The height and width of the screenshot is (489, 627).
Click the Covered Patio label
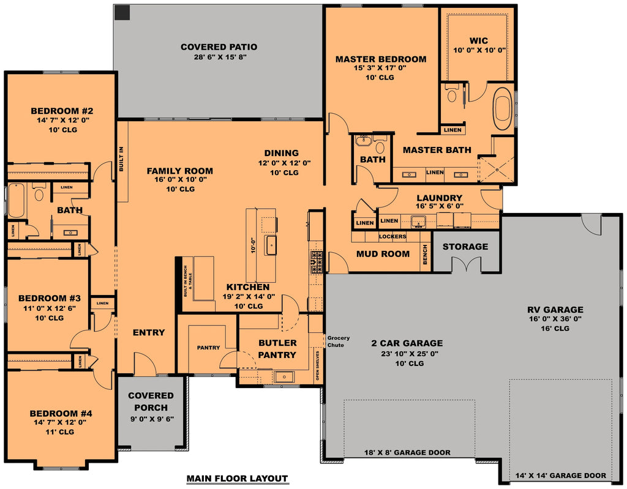pos(219,47)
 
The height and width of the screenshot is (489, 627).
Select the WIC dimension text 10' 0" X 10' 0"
pos(479,50)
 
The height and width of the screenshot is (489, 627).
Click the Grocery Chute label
pos(339,342)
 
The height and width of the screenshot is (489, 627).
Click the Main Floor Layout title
pos(237,479)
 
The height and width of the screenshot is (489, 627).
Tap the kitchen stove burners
pos(318,262)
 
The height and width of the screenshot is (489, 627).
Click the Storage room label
pos(465,247)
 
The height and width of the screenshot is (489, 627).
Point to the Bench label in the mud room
pos(425,255)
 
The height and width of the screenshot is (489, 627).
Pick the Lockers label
pos(392,236)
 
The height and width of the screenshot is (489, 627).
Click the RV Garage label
pos(555,310)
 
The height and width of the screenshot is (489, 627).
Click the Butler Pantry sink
pos(284,376)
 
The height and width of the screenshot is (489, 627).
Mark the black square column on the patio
pos(122,12)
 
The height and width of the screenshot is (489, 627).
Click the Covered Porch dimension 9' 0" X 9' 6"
pos(151,420)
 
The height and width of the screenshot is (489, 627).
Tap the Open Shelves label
pos(317,366)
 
